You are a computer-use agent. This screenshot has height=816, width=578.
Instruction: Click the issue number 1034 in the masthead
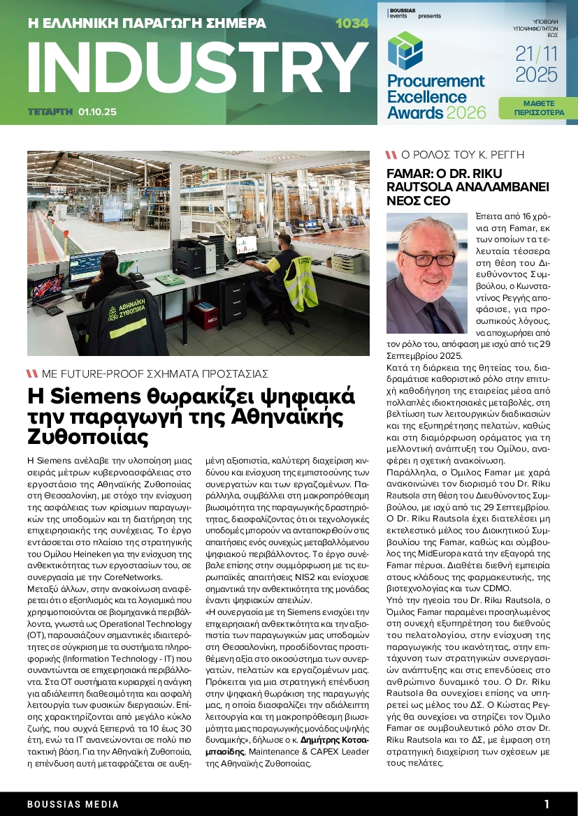352,24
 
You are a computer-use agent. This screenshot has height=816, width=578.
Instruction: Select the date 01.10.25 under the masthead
98,111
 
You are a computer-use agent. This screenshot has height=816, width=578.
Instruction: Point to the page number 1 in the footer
547,804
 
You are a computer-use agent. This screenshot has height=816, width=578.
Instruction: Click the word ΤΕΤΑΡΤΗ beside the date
50,111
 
